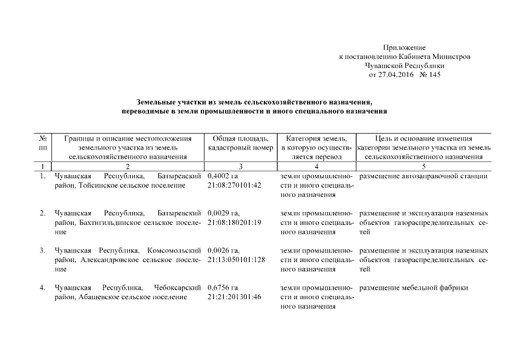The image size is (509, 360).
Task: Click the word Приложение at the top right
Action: (x=404, y=48)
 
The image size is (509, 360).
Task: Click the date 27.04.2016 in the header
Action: (x=398, y=75)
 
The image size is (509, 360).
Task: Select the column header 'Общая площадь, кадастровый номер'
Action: (x=237, y=143)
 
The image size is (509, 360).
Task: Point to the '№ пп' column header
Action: (x=42, y=143)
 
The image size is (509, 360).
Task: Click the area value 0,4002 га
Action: (x=222, y=177)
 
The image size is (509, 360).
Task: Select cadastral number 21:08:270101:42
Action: (x=235, y=186)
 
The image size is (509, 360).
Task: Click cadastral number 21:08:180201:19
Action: (x=235, y=222)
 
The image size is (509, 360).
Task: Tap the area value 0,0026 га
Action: (x=223, y=250)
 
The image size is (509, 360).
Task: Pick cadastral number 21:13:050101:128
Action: (x=236, y=259)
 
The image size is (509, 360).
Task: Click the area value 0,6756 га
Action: (x=222, y=287)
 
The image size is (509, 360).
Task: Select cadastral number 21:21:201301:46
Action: (x=235, y=296)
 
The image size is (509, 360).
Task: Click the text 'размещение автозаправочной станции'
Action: (x=423, y=177)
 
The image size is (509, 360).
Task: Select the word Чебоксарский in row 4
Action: (x=178, y=287)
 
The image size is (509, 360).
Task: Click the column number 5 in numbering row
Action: (x=424, y=166)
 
